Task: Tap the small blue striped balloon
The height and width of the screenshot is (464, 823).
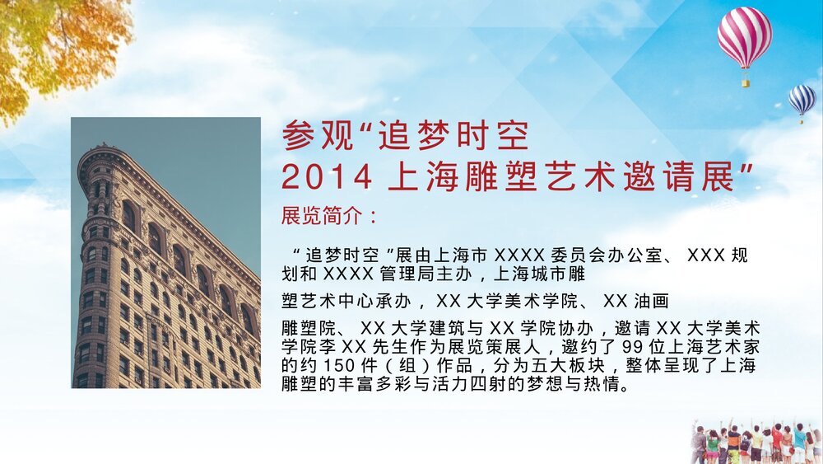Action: [x=802, y=99]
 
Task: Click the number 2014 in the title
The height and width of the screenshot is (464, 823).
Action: [x=321, y=176]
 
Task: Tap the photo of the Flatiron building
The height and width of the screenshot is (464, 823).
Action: [x=165, y=252]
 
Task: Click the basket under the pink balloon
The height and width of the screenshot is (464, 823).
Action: [x=746, y=82]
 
